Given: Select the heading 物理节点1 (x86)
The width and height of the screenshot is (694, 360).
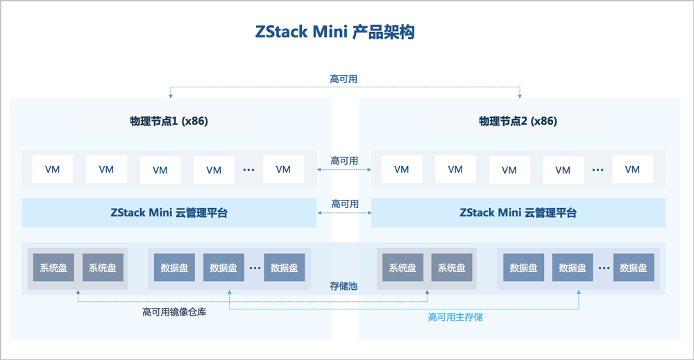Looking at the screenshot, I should pos(169,121).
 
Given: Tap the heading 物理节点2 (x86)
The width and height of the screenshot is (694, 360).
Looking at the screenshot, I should pos(518,121).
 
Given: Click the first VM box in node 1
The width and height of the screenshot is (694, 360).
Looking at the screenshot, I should pos(52,169).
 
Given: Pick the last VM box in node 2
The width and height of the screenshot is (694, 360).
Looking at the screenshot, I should pos(632,169).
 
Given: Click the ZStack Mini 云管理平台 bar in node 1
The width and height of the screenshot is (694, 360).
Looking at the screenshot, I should pos(169,213).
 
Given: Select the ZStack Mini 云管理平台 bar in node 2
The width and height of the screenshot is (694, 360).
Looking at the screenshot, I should pos(518,213).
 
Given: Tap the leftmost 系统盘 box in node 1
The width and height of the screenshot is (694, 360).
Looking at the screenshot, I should pos(53,268).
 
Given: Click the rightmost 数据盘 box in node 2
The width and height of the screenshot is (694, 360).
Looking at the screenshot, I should pos(634,268).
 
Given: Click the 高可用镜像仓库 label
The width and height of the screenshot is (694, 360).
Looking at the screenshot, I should pos(174,312).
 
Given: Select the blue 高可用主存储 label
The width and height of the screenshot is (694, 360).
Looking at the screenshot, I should pos(455,317).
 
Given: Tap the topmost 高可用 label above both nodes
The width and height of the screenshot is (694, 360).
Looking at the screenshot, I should pos(344,79).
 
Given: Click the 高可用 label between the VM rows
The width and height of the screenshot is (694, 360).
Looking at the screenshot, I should pos(344,161).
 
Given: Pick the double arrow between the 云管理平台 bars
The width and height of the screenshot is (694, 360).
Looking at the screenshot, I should pos(344,213).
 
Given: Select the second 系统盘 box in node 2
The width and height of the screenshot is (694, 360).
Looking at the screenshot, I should pos(452,268).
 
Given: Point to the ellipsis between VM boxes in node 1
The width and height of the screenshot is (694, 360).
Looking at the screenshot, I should pos(248,169).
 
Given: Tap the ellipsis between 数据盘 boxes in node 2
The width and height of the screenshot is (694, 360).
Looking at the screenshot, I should pos(602,268).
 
